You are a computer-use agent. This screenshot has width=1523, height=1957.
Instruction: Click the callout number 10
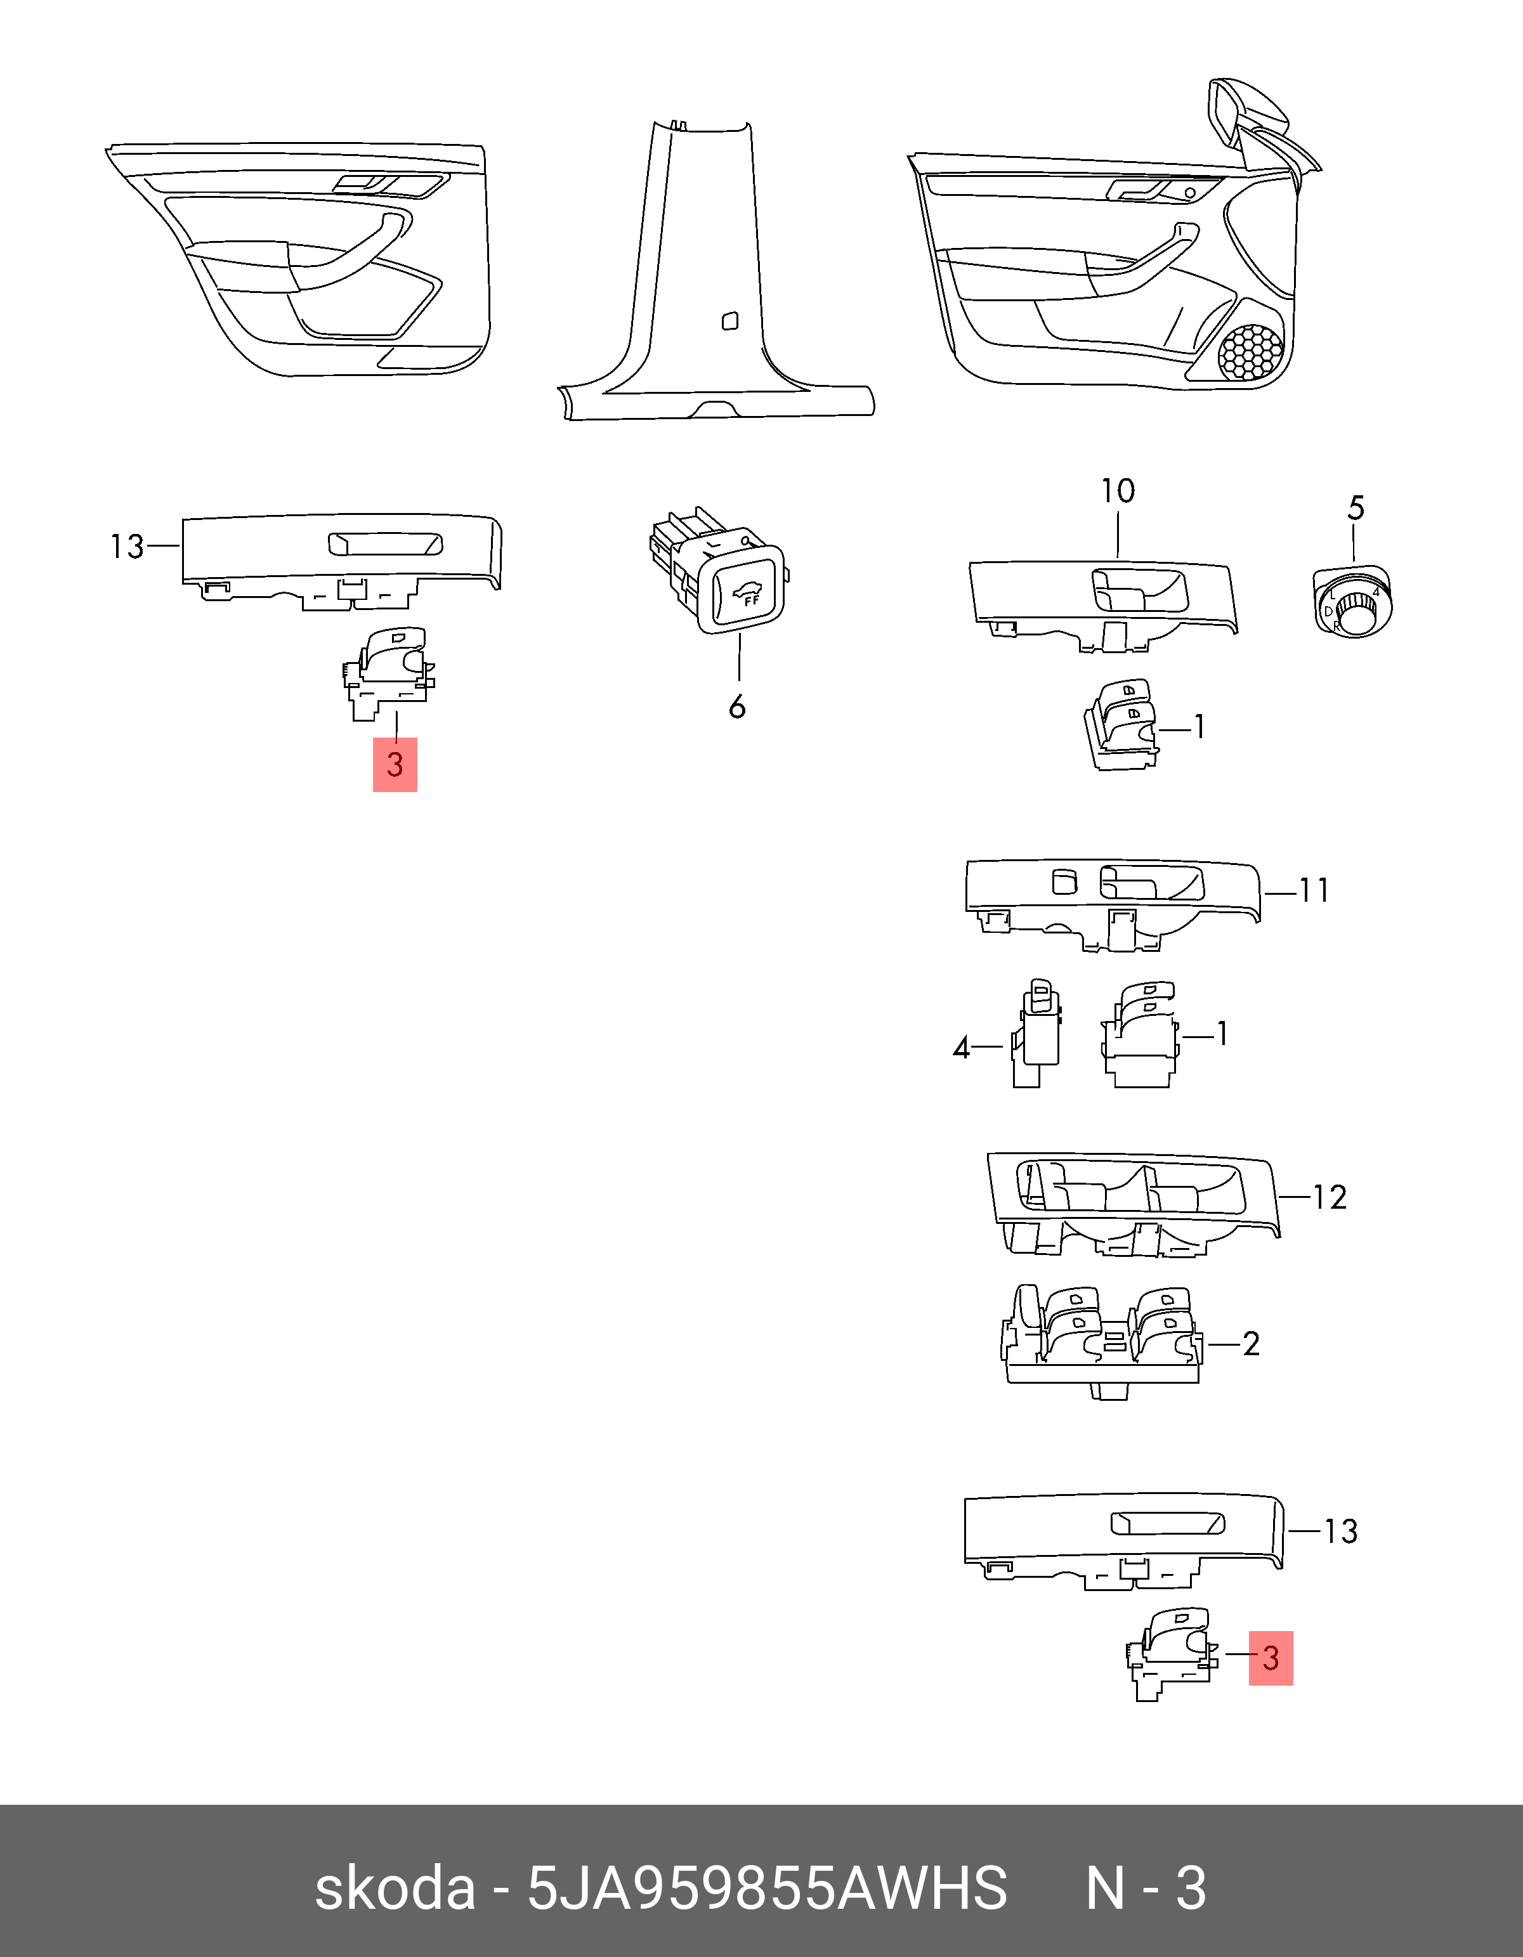1118,491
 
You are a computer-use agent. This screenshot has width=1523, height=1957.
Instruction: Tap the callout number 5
1356,508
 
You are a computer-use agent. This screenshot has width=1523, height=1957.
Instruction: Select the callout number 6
737,707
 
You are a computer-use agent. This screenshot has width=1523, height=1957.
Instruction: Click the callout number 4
961,1048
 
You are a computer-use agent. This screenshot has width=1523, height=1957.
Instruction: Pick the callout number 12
1330,1197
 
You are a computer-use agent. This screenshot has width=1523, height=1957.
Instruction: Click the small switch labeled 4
1037,1032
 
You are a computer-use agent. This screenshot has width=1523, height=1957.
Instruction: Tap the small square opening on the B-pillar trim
729,320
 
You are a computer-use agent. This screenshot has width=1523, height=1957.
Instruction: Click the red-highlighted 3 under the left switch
395,764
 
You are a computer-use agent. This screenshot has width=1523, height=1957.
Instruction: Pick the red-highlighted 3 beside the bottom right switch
1270,1658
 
